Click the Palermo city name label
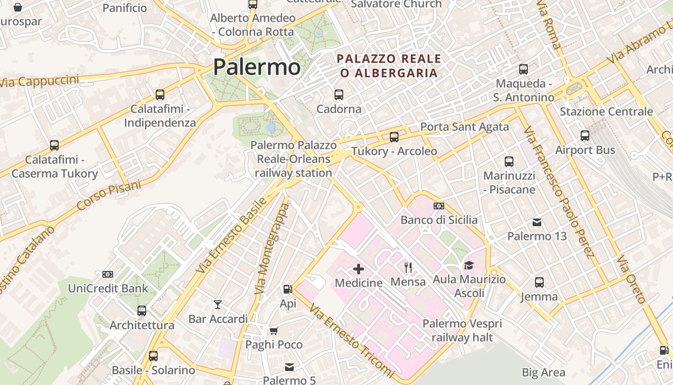point(257,67)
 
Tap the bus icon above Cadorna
point(339,95)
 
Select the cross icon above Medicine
point(359,269)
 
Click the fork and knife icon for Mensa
point(408,267)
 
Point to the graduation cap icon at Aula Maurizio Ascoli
point(469,265)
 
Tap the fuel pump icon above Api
point(287,289)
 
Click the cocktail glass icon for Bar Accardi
point(218,305)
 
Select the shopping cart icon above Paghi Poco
point(274,331)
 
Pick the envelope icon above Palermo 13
point(537,222)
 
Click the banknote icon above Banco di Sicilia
point(439,206)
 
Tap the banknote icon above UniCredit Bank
point(108,274)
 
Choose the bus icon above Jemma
point(539,282)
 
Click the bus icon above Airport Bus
point(585,136)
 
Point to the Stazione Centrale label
point(606,112)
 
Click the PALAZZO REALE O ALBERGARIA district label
point(389,66)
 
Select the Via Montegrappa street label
point(273,248)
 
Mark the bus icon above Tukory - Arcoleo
point(394,137)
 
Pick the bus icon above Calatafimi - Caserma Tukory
point(54,145)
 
